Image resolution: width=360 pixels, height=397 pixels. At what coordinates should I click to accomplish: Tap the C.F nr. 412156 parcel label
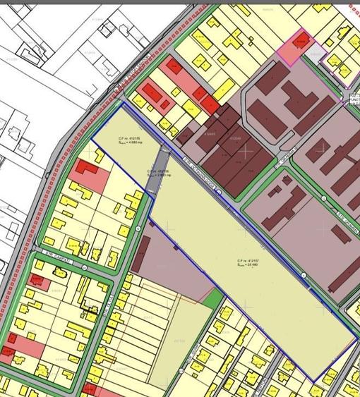click(x=156, y=172)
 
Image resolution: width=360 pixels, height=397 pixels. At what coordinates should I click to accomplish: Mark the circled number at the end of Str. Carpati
click(x=136, y=230)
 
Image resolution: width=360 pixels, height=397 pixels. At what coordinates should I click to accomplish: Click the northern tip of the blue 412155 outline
click(x=124, y=104)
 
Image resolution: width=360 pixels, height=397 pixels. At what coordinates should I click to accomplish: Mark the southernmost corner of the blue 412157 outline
click(x=316, y=381)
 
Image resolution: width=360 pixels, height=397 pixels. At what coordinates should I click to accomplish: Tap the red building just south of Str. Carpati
click(x=39, y=283)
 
